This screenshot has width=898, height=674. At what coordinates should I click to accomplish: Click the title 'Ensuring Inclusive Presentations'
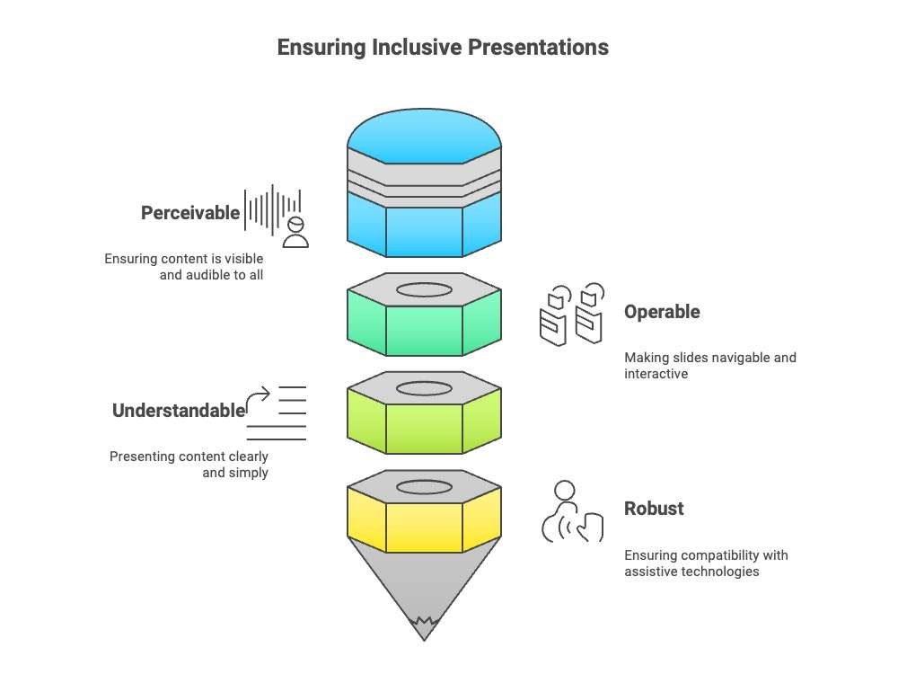(x=443, y=47)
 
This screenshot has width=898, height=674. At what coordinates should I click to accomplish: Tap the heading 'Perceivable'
(x=190, y=213)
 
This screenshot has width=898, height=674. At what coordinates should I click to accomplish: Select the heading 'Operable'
(x=662, y=312)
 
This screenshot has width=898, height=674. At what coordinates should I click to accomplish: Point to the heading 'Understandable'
(x=179, y=411)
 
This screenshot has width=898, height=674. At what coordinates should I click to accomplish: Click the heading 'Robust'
(x=654, y=508)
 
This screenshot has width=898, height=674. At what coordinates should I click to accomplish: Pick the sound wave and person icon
(x=277, y=216)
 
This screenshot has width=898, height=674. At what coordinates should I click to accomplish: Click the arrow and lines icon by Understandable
(x=277, y=412)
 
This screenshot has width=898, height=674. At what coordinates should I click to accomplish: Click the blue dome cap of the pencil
(x=424, y=139)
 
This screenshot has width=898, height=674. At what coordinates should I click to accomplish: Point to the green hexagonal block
(x=424, y=324)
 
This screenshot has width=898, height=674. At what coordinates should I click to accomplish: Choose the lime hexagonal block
(x=424, y=422)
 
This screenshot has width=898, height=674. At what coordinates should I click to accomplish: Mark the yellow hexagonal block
(x=424, y=521)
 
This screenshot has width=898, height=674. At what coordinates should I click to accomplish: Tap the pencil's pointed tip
(x=424, y=629)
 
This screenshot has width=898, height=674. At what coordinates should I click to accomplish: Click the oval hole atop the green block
(x=424, y=290)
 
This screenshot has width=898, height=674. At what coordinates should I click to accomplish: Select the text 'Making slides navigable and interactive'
(x=709, y=365)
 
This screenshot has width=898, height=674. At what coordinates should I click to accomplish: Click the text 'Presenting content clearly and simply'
(x=189, y=464)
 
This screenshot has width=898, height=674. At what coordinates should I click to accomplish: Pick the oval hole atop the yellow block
(x=424, y=487)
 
